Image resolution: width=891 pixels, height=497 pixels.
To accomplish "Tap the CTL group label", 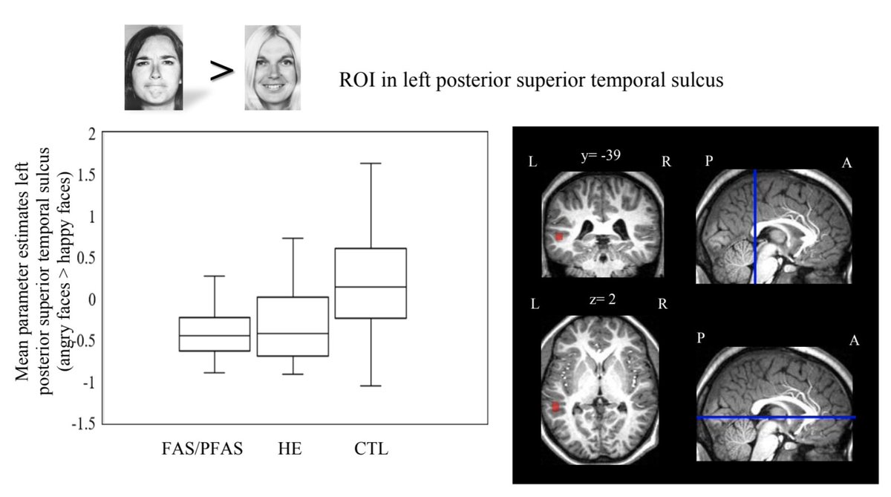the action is tap(372, 449).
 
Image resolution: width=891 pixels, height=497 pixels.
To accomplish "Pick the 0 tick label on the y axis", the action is tap(92, 300).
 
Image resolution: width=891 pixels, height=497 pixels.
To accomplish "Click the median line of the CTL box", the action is tap(371, 287).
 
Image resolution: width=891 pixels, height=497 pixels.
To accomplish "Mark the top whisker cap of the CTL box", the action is tap(371, 163).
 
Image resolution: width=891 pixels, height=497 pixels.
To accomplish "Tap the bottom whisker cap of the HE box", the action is tap(293, 374).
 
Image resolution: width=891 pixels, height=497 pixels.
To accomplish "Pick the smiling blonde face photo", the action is tap(272, 68).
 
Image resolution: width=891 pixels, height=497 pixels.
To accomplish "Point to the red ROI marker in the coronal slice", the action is tap(558, 236).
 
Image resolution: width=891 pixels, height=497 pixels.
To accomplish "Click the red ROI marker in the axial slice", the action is tap(555, 406).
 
